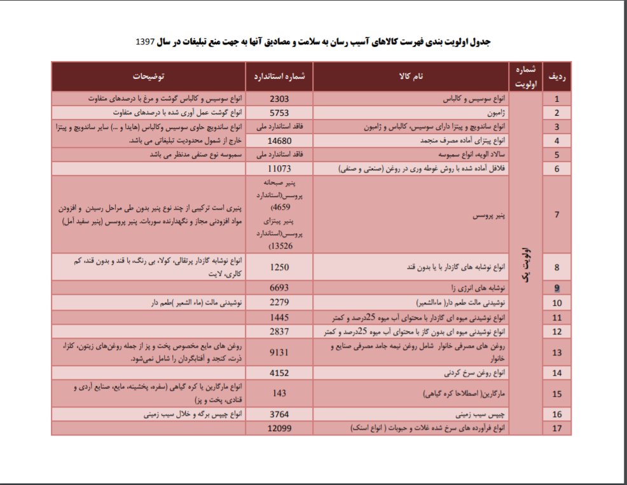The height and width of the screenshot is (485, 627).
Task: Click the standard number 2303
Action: [280, 99]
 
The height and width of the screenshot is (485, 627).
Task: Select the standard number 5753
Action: [280, 113]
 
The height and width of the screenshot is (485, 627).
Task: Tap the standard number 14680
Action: [280, 140]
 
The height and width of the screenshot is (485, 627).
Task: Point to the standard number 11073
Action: [280, 168]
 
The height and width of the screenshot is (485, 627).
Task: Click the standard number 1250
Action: [280, 267]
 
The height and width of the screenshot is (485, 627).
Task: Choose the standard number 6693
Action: [280, 288]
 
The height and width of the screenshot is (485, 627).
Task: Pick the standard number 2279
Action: [280, 302]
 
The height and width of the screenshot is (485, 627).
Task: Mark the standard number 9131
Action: [280, 352]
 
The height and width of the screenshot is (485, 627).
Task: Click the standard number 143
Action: [280, 393]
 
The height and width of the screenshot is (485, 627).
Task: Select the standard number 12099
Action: [280, 428]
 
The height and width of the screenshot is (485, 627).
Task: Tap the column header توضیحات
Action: [148, 76]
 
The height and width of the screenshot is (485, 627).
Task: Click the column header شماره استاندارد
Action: [280, 76]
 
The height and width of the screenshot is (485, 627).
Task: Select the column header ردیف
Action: [557, 76]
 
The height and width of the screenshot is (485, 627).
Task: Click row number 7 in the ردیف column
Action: [557, 214]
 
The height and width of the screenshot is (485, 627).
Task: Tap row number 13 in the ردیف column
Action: [557, 352]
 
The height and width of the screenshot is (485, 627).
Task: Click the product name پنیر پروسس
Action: [487, 216]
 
